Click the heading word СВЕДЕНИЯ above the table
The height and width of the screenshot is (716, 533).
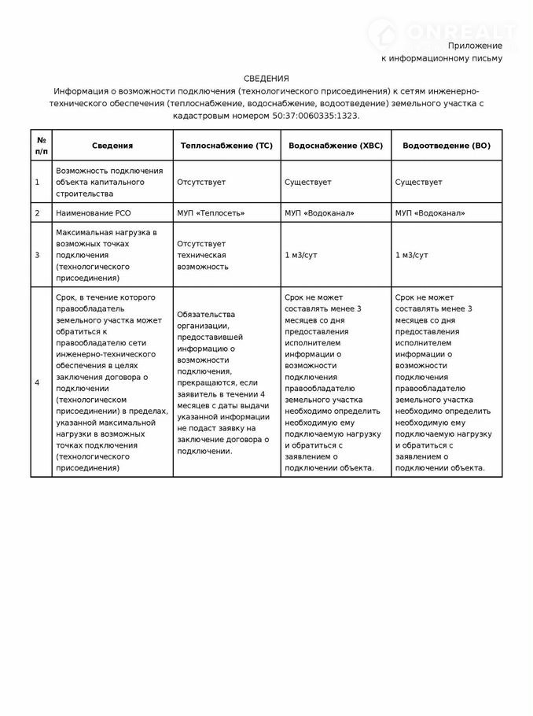pyautogui.click(x=266, y=78)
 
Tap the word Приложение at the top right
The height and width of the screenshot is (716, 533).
pyautogui.click(x=475, y=46)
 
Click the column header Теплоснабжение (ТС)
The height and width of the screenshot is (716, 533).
pyautogui.click(x=226, y=146)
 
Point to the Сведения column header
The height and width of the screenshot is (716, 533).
pyautogui.click(x=112, y=146)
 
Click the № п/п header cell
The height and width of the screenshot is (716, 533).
pyautogui.click(x=41, y=146)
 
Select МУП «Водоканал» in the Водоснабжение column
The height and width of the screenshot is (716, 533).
pyautogui.click(x=319, y=213)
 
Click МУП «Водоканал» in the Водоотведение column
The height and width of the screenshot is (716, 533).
pyautogui.click(x=430, y=213)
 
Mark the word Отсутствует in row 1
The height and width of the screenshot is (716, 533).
pyautogui.click(x=201, y=182)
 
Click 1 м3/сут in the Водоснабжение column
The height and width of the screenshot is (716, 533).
pyautogui.click(x=301, y=256)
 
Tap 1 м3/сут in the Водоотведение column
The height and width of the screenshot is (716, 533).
pyautogui.click(x=412, y=256)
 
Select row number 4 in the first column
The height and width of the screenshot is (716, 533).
pyautogui.click(x=37, y=382)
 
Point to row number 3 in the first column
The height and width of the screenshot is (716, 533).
pyautogui.click(x=37, y=256)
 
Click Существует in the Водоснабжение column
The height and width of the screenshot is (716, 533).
pyautogui.click(x=307, y=182)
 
